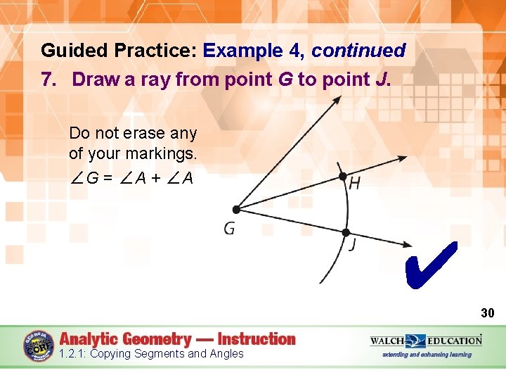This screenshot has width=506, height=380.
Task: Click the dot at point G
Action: [x=236, y=209]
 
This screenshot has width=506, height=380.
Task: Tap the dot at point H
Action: [x=342, y=176]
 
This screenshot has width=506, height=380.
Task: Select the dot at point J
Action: [x=346, y=232]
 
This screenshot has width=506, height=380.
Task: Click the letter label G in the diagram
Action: [x=229, y=229]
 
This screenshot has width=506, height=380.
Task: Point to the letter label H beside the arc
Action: [x=355, y=184]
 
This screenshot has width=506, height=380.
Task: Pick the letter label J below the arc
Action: [x=352, y=246]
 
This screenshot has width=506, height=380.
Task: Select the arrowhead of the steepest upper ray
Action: [x=337, y=99]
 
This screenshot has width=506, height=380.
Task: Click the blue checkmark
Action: [x=431, y=266]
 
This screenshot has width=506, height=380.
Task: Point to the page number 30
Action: [x=487, y=312]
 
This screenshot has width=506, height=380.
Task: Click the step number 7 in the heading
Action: [x=47, y=79]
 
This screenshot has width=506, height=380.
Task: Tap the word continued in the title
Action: [x=358, y=51]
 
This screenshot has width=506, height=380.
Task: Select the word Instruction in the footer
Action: [x=257, y=338]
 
